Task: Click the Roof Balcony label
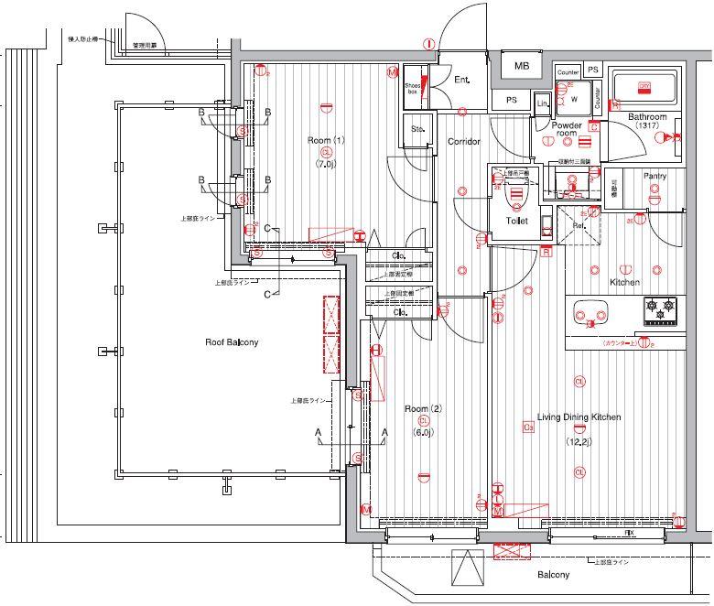(231, 342)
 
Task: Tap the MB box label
(522, 66)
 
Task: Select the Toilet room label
(516, 221)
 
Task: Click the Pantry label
(654, 176)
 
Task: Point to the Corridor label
(464, 142)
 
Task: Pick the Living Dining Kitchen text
(579, 417)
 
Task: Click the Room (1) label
(326, 140)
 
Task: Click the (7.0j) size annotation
(326, 165)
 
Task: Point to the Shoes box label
(413, 88)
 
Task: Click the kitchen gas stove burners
(661, 310)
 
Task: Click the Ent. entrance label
(462, 81)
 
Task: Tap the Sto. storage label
(417, 129)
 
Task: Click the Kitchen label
(624, 282)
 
